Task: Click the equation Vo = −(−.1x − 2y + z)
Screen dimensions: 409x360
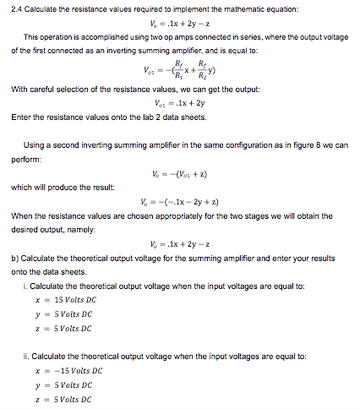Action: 181,200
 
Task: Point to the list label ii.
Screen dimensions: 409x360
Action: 27,355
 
